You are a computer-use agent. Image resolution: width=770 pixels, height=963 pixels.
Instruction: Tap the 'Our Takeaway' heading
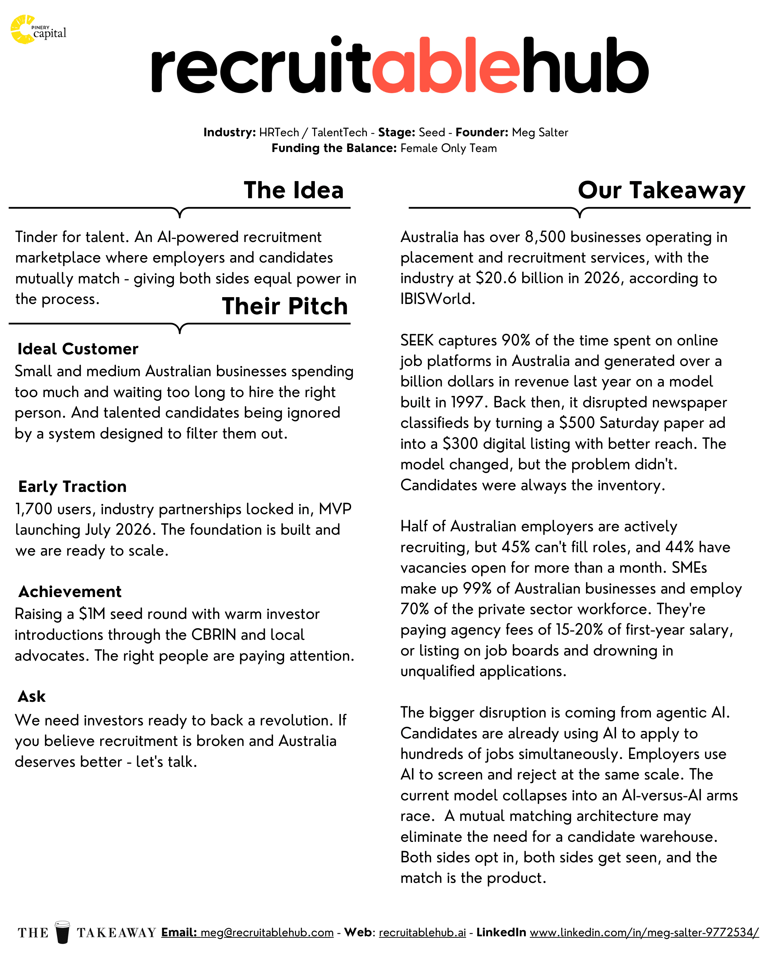[x=661, y=190]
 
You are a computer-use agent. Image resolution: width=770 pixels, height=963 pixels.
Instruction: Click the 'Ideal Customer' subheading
[x=78, y=349]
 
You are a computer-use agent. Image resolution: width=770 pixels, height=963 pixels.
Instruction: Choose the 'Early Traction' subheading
[x=72, y=486]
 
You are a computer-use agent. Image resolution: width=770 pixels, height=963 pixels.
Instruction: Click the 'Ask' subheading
[x=32, y=696]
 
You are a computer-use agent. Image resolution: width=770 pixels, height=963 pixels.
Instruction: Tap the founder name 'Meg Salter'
[x=540, y=133]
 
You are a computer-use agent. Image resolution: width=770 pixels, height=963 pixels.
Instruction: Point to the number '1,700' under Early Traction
[x=34, y=509]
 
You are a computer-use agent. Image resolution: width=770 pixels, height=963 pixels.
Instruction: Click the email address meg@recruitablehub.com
[x=267, y=932]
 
